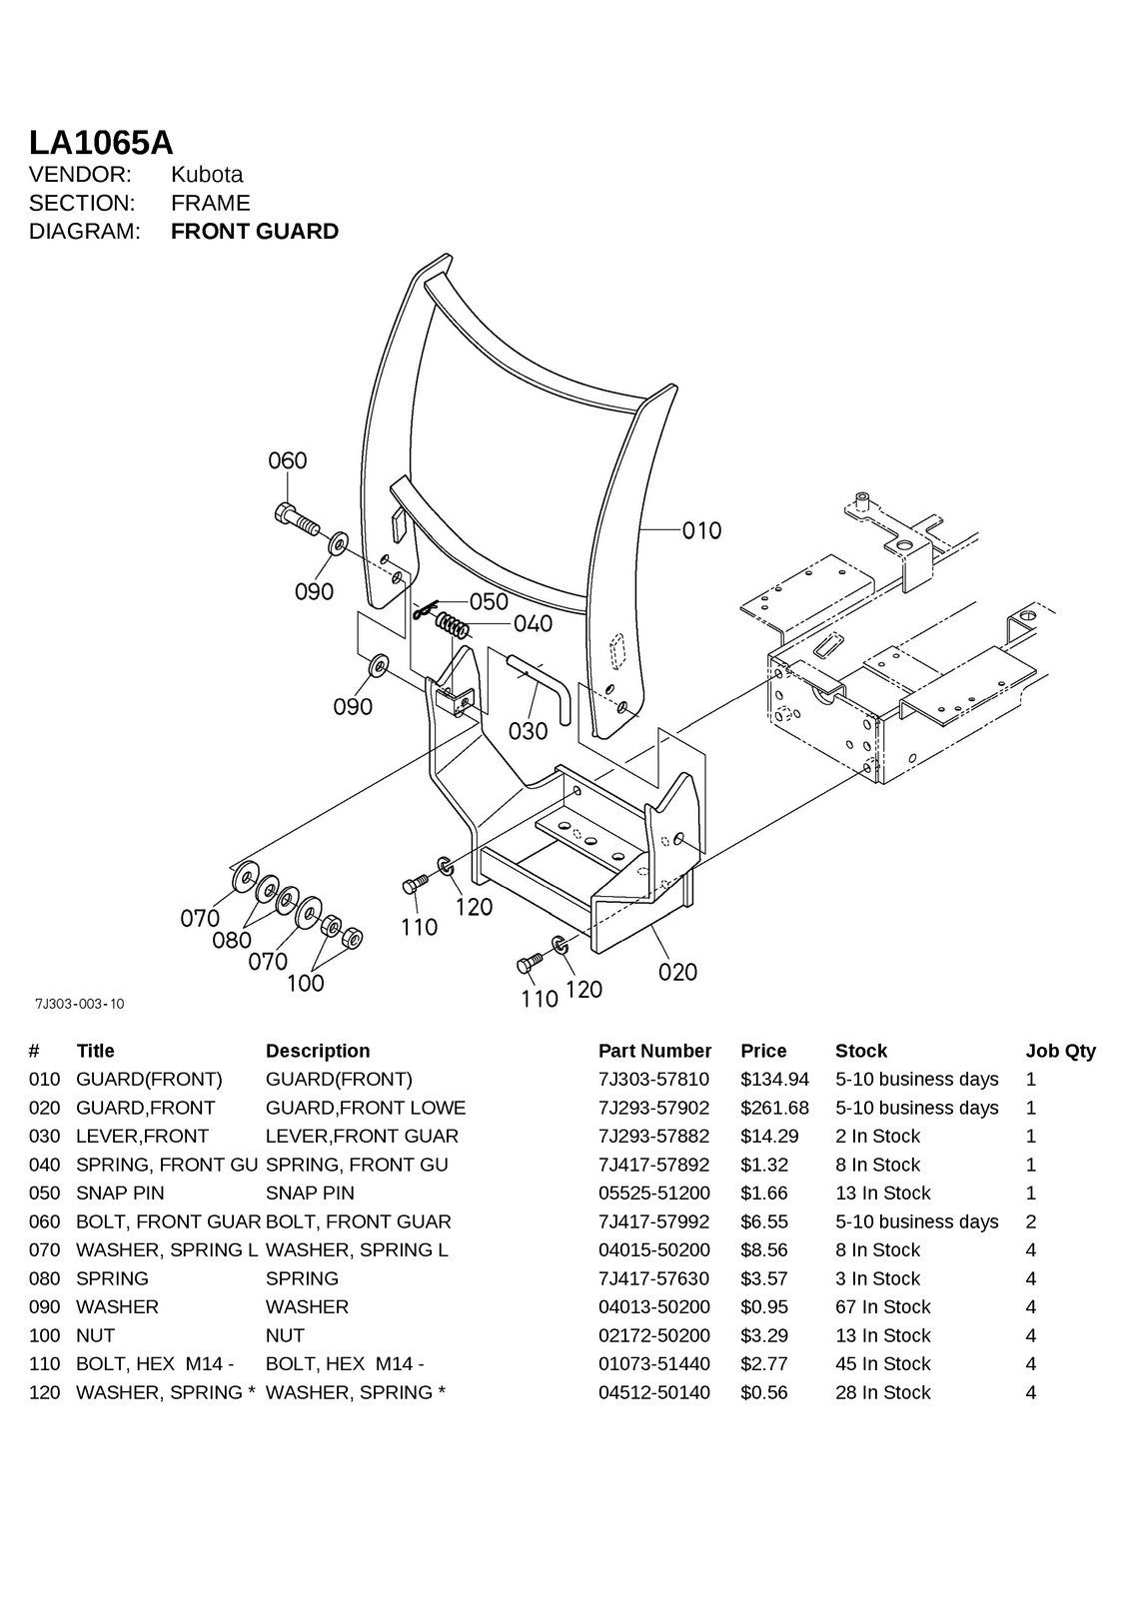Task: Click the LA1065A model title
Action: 101,142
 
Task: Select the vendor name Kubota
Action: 207,175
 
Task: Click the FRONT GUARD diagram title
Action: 255,232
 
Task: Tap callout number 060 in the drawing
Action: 288,460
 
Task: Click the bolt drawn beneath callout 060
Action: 296,518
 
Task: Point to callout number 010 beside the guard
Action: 701,530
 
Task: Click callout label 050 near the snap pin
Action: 489,601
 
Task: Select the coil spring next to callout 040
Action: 454,628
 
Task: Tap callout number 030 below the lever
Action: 528,731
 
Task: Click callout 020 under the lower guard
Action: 677,971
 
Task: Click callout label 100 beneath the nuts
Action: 305,983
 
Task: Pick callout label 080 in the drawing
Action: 232,940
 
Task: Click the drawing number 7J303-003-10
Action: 79,1004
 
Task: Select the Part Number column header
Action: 654,1051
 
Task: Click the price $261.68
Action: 774,1108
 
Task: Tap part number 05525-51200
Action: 653,1193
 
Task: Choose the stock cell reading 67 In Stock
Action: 882,1306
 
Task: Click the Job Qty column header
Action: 1060,1051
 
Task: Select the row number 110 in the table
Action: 44,1363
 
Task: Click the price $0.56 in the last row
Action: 763,1392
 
